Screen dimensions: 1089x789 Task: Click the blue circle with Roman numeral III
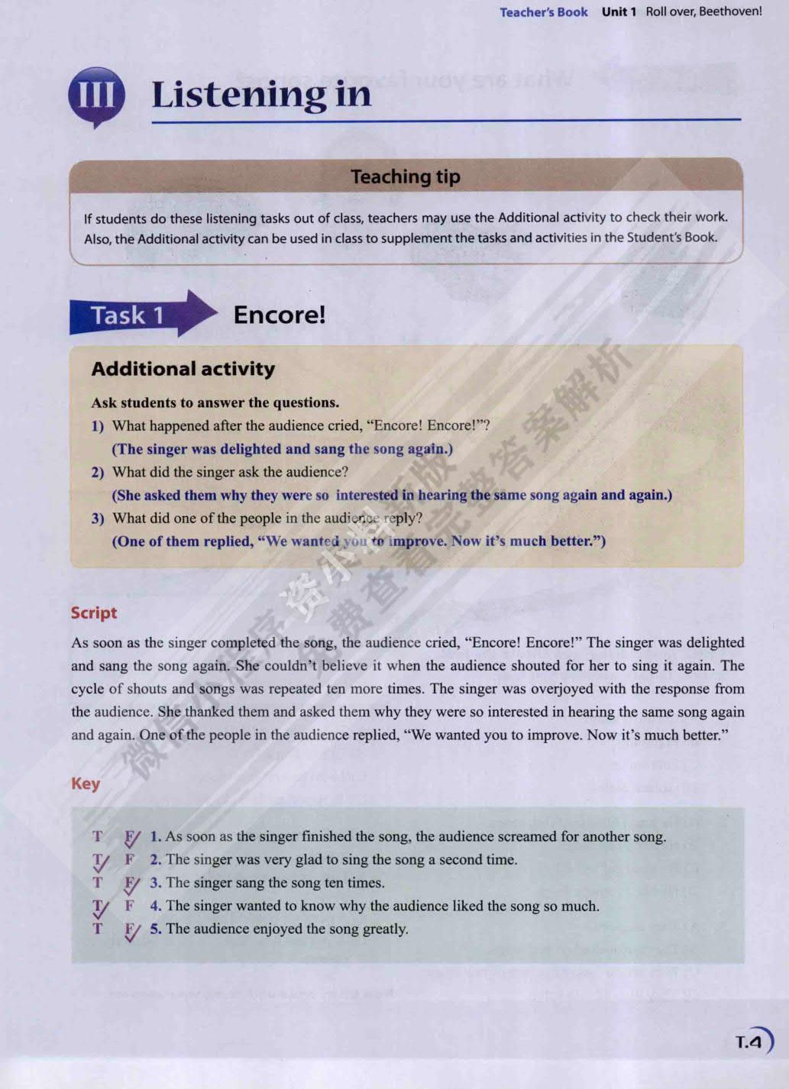[96, 96]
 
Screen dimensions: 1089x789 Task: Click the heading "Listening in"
[261, 95]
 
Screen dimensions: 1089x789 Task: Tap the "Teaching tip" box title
[406, 177]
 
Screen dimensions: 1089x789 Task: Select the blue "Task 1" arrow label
[128, 315]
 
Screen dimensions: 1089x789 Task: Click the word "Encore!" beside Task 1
[280, 315]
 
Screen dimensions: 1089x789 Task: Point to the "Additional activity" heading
[183, 369]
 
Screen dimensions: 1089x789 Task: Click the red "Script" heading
[94, 612]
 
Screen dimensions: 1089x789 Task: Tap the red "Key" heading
[86, 784]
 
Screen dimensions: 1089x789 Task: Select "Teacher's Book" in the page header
[544, 12]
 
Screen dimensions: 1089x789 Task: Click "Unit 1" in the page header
[619, 11]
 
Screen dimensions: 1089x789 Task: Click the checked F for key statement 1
[131, 838]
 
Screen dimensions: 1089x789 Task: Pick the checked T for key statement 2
[99, 861]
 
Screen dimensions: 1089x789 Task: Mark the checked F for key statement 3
[131, 884]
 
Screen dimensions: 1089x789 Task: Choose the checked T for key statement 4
[99, 907]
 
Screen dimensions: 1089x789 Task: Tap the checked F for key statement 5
[131, 930]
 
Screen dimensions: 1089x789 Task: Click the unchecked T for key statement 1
[98, 836]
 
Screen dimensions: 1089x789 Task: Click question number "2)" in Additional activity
[98, 473]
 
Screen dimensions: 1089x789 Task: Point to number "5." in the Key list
[156, 929]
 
